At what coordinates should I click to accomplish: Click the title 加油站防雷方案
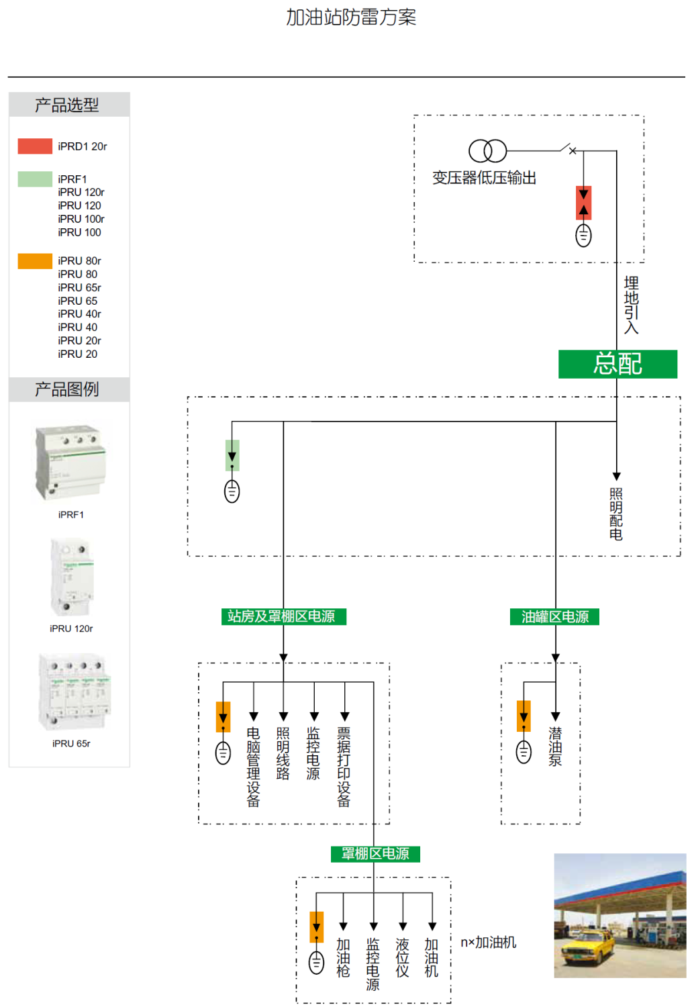[x=351, y=17]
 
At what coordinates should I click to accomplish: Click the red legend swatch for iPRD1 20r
[x=35, y=146]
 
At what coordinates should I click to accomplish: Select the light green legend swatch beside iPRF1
[x=35, y=179]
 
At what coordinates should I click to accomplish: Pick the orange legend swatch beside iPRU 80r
[x=35, y=260]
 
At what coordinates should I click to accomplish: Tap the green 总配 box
[x=617, y=364]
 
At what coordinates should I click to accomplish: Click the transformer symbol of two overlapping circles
[x=487, y=151]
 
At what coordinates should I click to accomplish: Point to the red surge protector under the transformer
[x=584, y=203]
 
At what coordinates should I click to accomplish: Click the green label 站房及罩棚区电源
[x=283, y=616]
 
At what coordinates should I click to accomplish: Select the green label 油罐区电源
[x=555, y=616]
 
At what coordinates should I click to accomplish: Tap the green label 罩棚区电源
[x=375, y=854]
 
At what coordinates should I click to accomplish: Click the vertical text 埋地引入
[x=631, y=305]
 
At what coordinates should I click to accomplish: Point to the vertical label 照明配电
[x=616, y=514]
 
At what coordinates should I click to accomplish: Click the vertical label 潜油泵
[x=555, y=747]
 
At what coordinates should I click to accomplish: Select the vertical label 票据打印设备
[x=344, y=767]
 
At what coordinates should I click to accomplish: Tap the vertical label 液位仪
[x=402, y=958]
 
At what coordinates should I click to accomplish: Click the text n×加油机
[x=488, y=943]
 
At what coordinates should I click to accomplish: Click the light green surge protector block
[x=232, y=455]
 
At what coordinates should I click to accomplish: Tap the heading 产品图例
[x=67, y=389]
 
